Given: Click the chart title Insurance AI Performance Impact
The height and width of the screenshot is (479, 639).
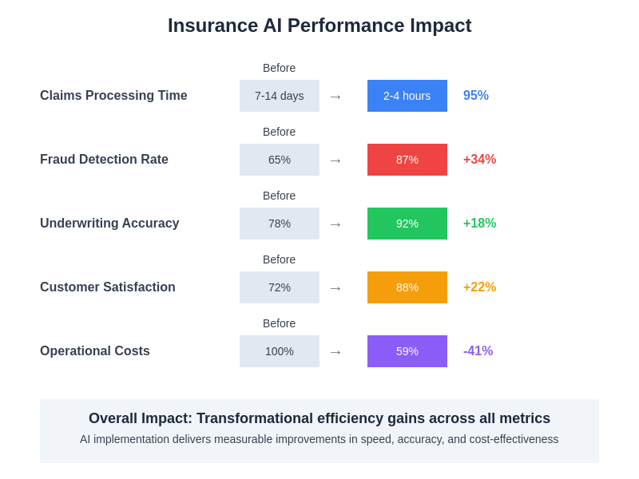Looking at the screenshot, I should tap(319, 26).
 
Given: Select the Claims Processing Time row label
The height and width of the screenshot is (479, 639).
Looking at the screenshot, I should tap(113, 96).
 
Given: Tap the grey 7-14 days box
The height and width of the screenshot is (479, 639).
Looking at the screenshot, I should tap(280, 96).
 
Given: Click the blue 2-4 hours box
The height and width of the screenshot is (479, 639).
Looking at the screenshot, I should tap(407, 96).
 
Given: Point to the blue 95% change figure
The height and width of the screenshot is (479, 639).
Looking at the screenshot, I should tap(476, 96).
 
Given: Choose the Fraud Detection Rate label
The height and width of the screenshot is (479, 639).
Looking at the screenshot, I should tap(104, 160).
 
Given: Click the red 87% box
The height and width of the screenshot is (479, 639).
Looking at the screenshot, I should tap(407, 160).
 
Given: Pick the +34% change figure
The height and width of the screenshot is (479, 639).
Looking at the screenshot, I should tap(479, 160).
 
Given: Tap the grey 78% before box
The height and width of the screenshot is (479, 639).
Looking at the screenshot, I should tap(280, 224).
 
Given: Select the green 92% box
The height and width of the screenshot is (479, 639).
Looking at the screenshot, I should tap(407, 224).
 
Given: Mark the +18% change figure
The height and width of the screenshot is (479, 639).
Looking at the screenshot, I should tap(479, 224).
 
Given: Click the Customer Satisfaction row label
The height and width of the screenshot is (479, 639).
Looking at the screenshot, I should tap(108, 287).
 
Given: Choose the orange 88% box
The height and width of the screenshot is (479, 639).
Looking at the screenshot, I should tap(407, 287).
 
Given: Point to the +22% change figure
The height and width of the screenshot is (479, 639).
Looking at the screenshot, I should tap(479, 287).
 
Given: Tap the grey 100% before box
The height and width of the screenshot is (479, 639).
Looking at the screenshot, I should tap(280, 351).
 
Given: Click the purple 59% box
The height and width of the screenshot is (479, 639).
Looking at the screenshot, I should tap(407, 351).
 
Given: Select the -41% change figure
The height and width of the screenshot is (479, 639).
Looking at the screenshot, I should tap(478, 351).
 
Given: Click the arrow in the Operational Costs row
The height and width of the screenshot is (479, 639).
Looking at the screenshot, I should tap(335, 352).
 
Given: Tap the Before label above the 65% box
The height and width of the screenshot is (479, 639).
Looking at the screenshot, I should tap(279, 132).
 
